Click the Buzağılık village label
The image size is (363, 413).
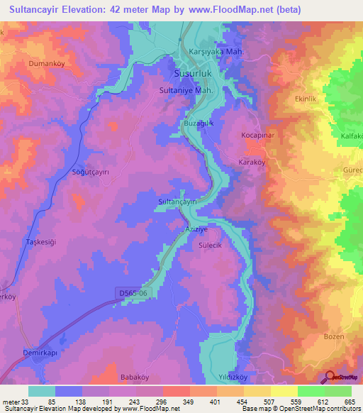coord(198,123)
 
